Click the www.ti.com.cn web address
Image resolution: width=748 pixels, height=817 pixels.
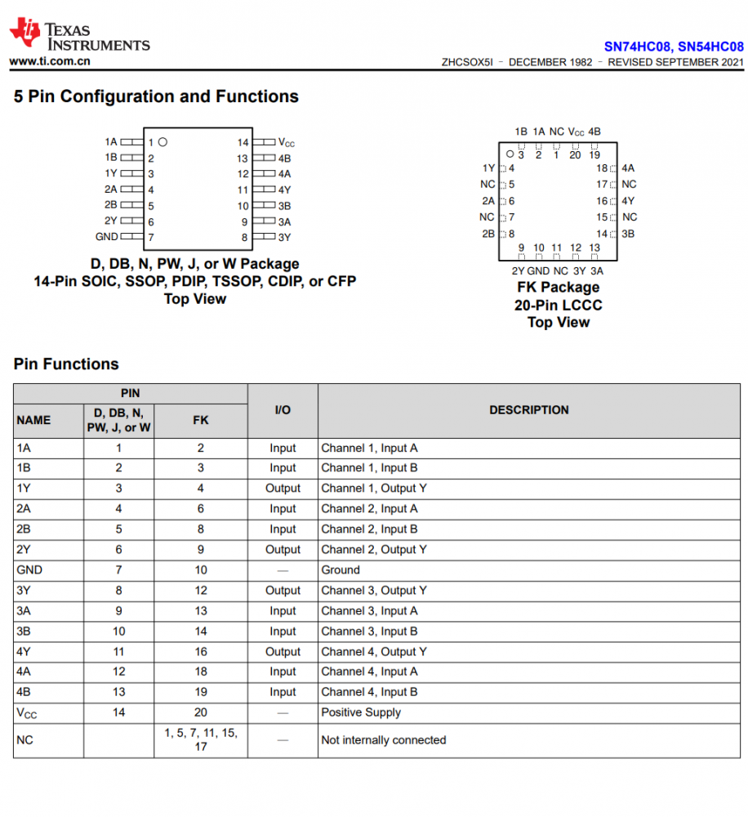(50, 61)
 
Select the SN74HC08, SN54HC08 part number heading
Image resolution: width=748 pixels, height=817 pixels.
(673, 47)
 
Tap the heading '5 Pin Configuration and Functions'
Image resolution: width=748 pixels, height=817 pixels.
(156, 96)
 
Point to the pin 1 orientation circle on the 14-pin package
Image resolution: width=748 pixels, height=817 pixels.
(163, 142)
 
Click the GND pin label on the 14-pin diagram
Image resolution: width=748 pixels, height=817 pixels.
(107, 237)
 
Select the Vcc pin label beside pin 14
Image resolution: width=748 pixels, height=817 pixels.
(286, 142)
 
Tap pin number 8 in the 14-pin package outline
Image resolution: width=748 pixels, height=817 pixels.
(243, 238)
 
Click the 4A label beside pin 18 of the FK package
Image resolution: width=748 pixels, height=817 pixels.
(628, 168)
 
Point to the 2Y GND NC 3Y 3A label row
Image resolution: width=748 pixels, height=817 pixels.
(558, 271)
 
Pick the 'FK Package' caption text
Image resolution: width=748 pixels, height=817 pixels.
(558, 288)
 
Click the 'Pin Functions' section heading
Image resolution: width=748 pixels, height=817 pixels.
(66, 364)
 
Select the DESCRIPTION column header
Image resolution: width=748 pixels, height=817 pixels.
(529, 410)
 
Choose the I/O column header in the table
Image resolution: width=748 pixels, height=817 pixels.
(283, 410)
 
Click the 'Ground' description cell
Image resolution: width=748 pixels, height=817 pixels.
(341, 570)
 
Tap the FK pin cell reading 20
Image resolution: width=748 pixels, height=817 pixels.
(201, 712)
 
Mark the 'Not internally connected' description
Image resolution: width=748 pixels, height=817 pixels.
(383, 740)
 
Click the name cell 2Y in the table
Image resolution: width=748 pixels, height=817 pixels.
(24, 550)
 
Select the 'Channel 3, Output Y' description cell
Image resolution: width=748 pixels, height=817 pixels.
(373, 591)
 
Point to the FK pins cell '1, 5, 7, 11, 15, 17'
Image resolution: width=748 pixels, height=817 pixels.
(201, 740)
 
